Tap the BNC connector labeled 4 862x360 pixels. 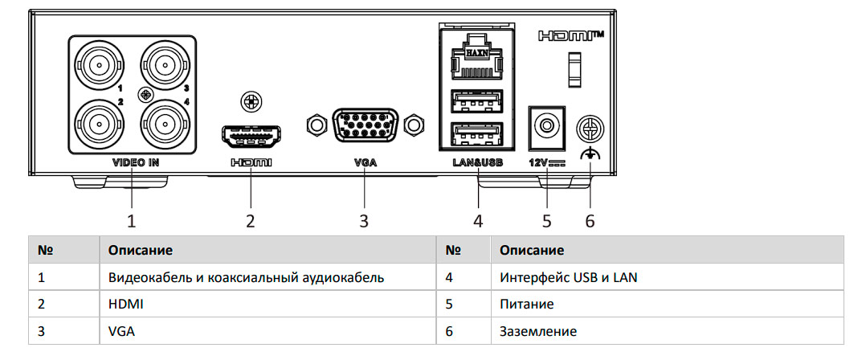(x=164, y=123)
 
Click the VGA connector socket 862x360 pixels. (x=365, y=125)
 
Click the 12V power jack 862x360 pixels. (x=546, y=126)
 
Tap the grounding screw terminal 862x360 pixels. (x=590, y=129)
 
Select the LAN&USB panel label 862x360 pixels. (x=478, y=162)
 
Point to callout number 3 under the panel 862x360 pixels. (x=364, y=220)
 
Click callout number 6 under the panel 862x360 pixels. (x=590, y=220)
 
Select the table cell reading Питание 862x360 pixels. (x=527, y=305)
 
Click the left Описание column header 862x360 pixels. (x=141, y=250)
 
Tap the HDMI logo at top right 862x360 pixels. (x=570, y=36)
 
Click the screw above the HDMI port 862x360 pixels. (x=251, y=102)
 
